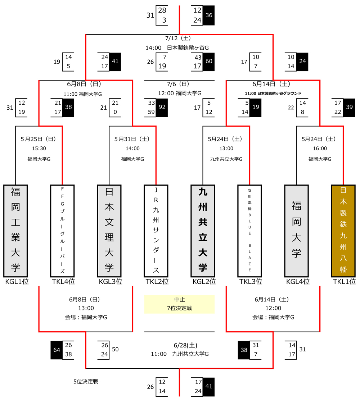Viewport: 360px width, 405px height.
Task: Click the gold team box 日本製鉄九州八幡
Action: coord(343,231)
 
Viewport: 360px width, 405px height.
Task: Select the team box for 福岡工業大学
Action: coord(15,231)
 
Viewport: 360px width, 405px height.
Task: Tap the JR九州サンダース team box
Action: coord(156,231)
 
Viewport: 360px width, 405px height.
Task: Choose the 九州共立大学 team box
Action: coord(203,231)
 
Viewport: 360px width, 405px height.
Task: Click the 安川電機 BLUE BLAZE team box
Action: coord(249,231)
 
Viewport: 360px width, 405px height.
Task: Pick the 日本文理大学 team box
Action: coord(109,231)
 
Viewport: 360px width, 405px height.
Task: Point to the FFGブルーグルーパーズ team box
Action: coord(62,231)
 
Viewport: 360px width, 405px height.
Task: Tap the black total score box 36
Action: coord(208,15)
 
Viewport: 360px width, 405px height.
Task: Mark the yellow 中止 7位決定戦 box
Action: coord(179,304)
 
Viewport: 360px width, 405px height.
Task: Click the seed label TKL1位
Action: coord(344,282)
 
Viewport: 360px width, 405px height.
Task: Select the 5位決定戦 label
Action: coord(85,382)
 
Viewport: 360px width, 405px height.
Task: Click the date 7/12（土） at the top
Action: coord(179,38)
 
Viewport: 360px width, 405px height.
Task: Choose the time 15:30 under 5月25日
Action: coord(39,148)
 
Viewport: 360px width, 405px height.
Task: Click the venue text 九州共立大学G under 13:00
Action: coord(226,159)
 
